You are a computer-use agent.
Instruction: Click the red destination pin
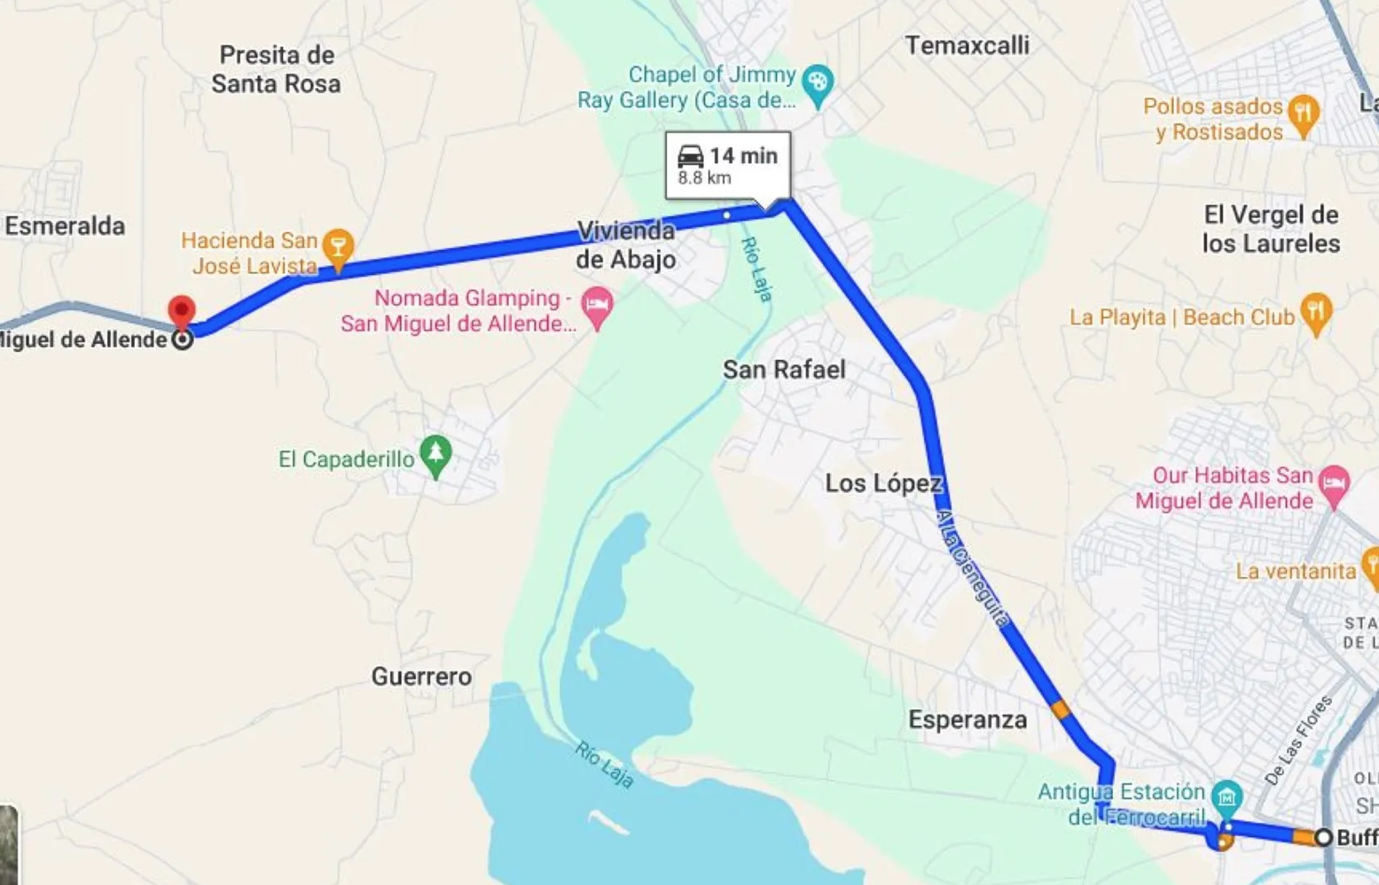[x=182, y=313]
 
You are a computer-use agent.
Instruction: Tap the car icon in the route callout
[x=691, y=156]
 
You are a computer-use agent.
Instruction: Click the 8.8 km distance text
[x=704, y=178]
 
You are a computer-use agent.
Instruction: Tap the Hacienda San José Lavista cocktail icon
[x=338, y=247]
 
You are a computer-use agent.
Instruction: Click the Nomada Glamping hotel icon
[x=597, y=307]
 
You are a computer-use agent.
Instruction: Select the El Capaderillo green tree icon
[x=435, y=455]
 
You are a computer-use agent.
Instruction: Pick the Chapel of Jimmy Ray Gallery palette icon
[x=817, y=85]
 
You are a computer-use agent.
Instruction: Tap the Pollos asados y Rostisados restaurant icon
[x=1303, y=114]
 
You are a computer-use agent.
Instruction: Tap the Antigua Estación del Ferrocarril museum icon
[x=1227, y=796]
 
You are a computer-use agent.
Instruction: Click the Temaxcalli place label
[x=967, y=45]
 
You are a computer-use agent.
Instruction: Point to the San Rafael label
[x=784, y=370]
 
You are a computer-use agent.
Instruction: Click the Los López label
[x=882, y=483]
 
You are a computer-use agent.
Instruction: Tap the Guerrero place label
[x=421, y=677]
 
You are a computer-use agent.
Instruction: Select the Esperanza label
[x=968, y=719]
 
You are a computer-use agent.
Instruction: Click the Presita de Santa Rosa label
[x=276, y=69]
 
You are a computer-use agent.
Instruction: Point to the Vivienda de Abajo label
[x=626, y=246]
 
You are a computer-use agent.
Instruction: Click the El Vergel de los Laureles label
[x=1271, y=229]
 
